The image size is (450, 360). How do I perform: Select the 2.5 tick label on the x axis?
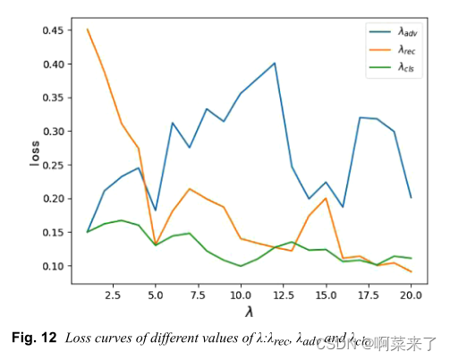click(x=113, y=294)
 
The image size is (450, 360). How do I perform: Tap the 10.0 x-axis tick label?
click(x=240, y=294)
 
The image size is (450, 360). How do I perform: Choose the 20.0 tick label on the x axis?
click(x=411, y=294)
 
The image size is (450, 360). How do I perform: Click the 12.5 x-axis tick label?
click(x=283, y=294)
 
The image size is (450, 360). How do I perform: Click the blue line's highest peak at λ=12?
click(x=274, y=64)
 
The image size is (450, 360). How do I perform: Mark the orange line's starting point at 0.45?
click(x=88, y=30)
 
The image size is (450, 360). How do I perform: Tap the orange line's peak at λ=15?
click(x=326, y=198)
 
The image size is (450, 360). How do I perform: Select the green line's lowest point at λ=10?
click(x=241, y=266)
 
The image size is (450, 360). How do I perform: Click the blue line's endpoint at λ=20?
click(x=411, y=198)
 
